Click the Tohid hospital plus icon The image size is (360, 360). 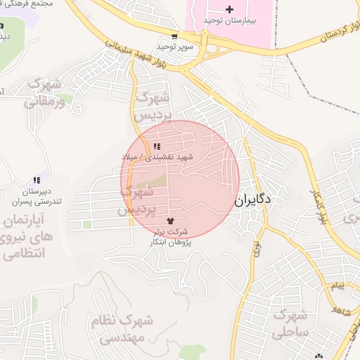pyautogui.click(x=229, y=9)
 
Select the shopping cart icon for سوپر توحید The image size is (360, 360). pyautogui.click(x=174, y=36)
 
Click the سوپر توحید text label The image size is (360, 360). pyautogui.click(x=174, y=46)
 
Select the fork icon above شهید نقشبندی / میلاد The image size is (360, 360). pyautogui.click(x=155, y=146)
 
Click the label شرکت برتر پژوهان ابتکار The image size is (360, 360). pyautogui.click(x=170, y=236)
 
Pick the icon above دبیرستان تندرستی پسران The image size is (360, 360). pyautogui.click(x=36, y=181)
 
